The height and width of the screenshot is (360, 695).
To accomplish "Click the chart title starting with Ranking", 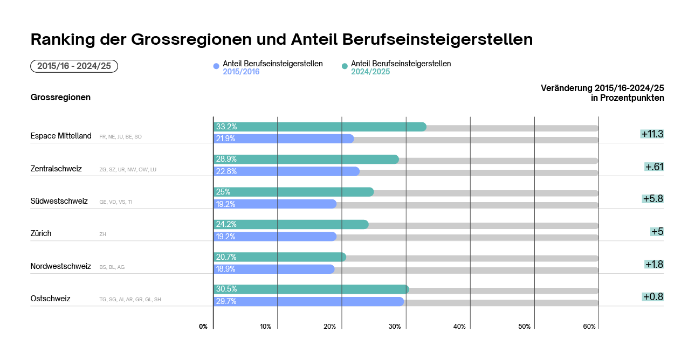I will (x=281, y=39).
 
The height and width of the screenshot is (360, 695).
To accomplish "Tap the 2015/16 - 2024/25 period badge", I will (x=74, y=66).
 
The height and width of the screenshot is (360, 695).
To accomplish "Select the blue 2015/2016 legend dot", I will (x=216, y=66).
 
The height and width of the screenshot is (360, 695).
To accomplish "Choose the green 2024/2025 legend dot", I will (x=345, y=66).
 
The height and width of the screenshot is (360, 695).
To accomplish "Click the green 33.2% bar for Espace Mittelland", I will (x=320, y=127).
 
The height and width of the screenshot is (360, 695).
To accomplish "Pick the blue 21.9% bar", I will (x=284, y=139).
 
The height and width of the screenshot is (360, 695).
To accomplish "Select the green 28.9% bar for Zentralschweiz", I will (x=306, y=160).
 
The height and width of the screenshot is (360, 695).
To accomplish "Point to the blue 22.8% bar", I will (x=286, y=171).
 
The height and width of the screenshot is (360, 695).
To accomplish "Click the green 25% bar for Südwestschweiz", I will (x=293, y=192).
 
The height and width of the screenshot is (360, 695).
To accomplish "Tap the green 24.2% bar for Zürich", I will (x=291, y=225).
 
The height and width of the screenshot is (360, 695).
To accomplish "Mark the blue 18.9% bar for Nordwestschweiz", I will (x=274, y=269).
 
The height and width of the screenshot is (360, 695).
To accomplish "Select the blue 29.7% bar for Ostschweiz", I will (x=308, y=302).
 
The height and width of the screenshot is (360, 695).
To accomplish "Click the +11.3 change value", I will (x=652, y=134).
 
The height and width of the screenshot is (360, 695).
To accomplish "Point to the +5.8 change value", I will (x=652, y=199).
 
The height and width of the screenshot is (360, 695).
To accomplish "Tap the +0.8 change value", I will (x=652, y=297).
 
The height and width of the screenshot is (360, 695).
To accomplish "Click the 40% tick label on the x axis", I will (x=459, y=327).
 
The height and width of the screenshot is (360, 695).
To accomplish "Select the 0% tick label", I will (x=203, y=327).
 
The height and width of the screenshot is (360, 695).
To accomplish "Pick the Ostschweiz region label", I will (x=51, y=299).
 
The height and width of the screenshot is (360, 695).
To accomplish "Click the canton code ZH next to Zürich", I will (x=103, y=234).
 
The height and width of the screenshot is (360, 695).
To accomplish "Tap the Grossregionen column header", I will (x=60, y=98).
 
